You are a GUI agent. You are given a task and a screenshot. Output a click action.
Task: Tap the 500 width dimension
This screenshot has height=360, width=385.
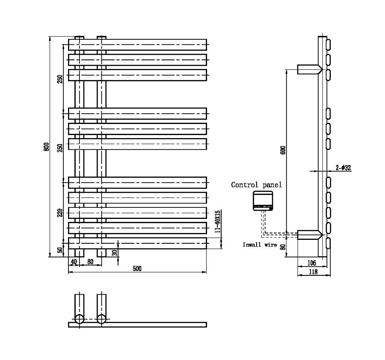137,269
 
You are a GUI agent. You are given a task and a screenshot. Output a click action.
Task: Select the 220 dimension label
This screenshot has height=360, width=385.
60,212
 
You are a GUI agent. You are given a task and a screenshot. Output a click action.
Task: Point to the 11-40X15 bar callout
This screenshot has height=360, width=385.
217,221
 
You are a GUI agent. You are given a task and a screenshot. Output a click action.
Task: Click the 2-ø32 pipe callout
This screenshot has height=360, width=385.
343,168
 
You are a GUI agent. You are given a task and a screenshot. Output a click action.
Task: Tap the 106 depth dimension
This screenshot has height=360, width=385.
311,263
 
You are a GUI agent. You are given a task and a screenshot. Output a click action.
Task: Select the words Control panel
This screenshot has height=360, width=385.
256,185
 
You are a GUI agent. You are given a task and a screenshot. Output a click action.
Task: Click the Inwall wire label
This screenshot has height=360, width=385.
259,245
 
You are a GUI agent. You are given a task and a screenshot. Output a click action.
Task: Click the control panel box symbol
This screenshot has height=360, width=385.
262,201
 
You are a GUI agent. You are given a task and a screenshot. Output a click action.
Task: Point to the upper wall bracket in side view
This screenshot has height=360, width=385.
309,69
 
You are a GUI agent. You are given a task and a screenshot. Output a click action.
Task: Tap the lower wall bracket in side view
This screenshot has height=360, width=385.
309,234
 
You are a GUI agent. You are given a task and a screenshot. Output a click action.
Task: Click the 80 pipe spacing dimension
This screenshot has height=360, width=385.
90,261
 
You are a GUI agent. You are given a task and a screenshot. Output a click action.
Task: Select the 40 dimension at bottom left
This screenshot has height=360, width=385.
73,261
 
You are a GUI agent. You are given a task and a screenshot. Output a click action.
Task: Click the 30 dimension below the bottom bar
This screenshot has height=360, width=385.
114,253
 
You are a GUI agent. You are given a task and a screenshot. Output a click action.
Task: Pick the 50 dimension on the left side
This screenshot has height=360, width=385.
60,250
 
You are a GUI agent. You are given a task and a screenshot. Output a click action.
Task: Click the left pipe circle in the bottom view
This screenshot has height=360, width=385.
79,319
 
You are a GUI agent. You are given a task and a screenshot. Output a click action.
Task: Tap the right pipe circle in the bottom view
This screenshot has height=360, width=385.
101,319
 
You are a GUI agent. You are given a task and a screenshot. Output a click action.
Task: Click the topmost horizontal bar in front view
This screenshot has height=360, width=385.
137,44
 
